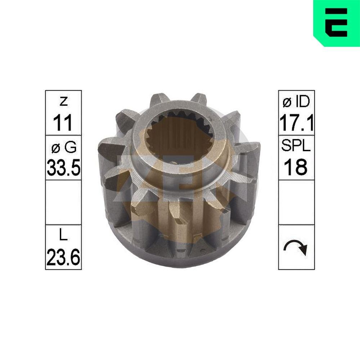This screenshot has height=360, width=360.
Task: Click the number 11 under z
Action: tap(63, 123)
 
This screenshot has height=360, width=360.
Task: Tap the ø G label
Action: tap(63, 148)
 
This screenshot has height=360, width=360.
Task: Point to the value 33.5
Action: tap(63, 167)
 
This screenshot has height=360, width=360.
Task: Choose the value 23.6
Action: tap(63, 258)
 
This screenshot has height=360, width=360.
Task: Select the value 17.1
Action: tap(296, 123)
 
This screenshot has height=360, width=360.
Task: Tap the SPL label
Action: tap(296, 148)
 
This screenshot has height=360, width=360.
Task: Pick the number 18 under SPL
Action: tap(296, 167)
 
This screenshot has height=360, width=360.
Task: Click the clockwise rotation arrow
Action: tap(296, 247)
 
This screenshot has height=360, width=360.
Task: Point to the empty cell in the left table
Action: tap(63, 202)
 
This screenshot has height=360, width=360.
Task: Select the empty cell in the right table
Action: tap(296, 202)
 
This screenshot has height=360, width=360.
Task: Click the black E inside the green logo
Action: tap(336, 22)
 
